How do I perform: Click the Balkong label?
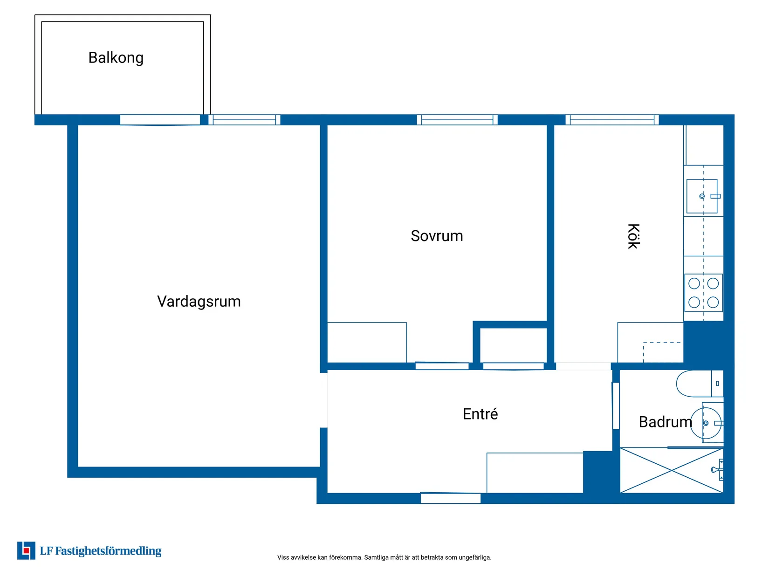pos(116,58)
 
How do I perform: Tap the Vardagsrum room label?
pos(199,301)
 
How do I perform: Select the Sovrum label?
pos(437,236)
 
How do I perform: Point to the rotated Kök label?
pos(633,236)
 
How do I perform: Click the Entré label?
pos(480,414)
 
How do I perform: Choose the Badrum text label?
pos(665,422)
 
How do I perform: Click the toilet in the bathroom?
pos(699,384)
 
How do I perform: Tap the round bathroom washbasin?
pos(706,423)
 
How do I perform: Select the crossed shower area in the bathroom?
pos(671,470)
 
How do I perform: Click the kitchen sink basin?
pos(701,196)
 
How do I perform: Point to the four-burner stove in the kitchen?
pos(703,293)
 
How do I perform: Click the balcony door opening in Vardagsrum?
pos(160,120)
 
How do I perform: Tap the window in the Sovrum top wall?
pos(457,120)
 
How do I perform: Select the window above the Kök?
pos(611,120)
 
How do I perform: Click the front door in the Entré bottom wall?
pos(450,498)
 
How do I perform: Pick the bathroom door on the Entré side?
pos(616,405)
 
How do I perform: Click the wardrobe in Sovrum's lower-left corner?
pos(366,342)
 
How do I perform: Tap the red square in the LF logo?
pos(26,551)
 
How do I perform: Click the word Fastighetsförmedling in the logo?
pos(108,551)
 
